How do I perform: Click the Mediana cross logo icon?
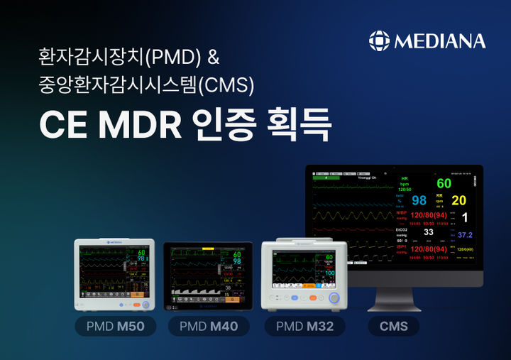tap(380, 40)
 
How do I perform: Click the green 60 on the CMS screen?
tap(444, 184)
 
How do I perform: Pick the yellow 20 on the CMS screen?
tap(459, 200)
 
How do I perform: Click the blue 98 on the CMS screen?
tap(419, 200)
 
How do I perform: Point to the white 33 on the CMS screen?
tap(428, 232)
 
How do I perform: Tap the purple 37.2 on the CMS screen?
tap(464, 234)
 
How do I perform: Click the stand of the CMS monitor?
tap(395, 298)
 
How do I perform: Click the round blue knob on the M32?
tap(334, 298)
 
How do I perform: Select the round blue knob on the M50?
tap(145, 304)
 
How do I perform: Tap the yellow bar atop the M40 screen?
tap(208, 248)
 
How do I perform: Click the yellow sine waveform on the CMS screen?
tap(351, 214)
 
